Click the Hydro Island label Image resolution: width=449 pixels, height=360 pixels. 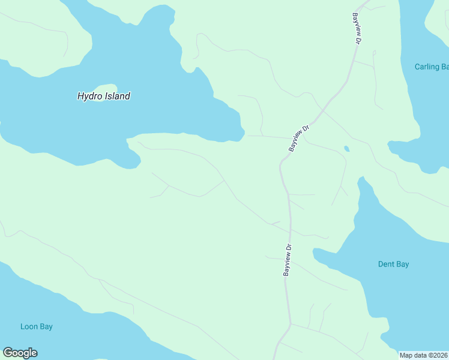coord(104,96)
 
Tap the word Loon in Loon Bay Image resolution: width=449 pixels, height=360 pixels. coord(28,326)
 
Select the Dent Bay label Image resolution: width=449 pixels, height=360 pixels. coord(393,264)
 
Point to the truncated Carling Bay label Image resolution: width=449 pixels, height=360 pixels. coord(432,67)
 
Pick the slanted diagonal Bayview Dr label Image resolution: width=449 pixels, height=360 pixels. coord(298,138)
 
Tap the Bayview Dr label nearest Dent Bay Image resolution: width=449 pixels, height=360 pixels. coord(288,260)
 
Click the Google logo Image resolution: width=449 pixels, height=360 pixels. coord(20,353)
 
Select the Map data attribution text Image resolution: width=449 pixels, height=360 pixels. coord(423,355)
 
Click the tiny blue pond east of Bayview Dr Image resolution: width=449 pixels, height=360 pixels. coord(346,148)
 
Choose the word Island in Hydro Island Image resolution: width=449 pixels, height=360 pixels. coord(116,96)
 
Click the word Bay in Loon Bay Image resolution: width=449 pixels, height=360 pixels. coord(45,326)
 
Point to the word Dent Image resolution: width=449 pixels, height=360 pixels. coord(386,264)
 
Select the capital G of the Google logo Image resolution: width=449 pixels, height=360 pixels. coord(8,353)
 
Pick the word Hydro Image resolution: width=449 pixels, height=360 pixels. coord(89,96)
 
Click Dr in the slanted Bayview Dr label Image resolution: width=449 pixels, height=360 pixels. coord(306,128)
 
